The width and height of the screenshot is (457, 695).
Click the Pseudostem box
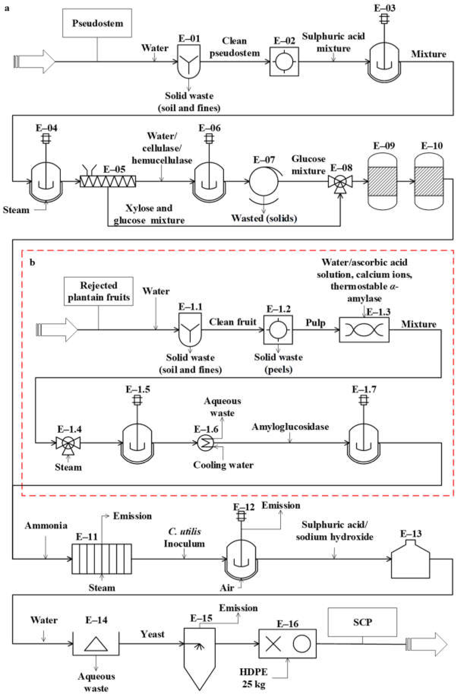(x=97, y=23)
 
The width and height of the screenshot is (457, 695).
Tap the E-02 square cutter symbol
(x=284, y=62)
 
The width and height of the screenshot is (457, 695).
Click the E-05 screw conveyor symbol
(x=108, y=182)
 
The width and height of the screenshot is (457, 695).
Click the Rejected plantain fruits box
(x=98, y=291)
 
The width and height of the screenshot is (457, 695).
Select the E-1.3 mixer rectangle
(x=364, y=330)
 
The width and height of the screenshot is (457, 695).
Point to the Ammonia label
(x=46, y=526)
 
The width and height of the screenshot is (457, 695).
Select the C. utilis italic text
(x=184, y=532)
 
